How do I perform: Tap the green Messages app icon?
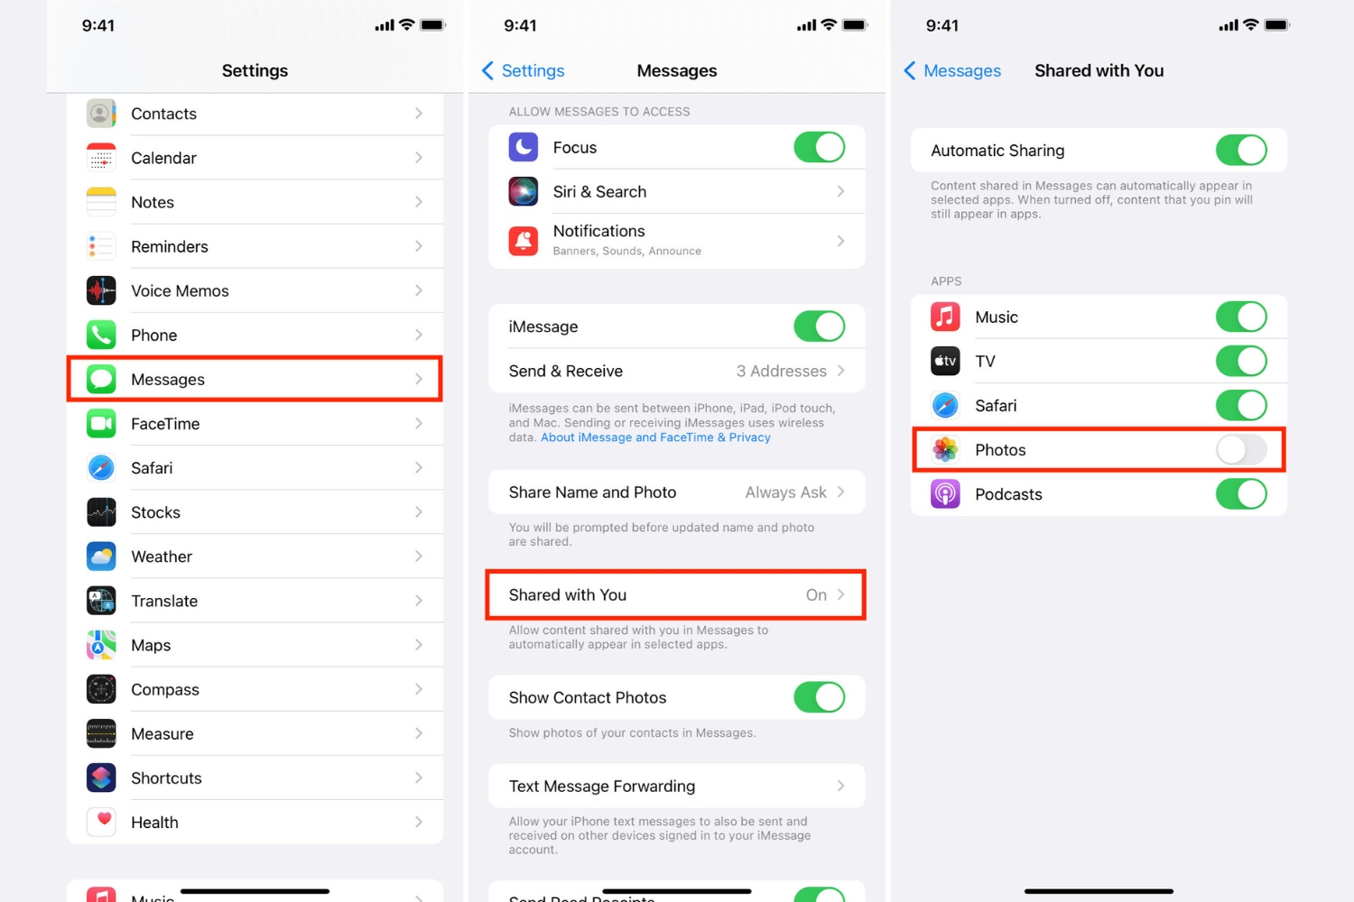[101, 379]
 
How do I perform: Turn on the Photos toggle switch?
[1240, 449]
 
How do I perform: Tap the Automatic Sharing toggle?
[1240, 151]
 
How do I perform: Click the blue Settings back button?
[524, 70]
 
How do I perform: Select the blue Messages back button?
[952, 70]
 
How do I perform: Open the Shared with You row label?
[567, 595]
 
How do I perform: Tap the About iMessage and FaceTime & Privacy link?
[655, 437]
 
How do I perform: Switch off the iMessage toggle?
[819, 327]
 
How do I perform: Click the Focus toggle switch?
[819, 147]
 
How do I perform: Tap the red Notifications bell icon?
[524, 240]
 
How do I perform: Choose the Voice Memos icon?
[101, 290]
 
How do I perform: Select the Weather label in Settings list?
[162, 557]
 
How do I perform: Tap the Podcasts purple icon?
[945, 494]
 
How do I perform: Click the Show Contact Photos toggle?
[819, 697]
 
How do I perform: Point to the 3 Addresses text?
[781, 371]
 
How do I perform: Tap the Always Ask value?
[785, 492]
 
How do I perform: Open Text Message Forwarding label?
[602, 787]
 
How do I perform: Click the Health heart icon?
[101, 822]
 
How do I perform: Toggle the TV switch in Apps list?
[1240, 362]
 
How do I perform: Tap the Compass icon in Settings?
[101, 689]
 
